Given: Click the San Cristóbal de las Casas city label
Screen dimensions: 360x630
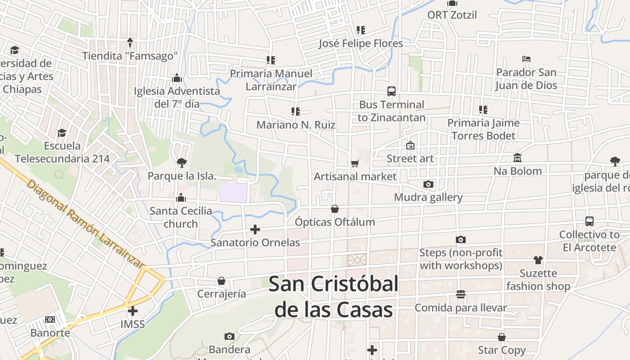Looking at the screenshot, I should pyautogui.click(x=333, y=297).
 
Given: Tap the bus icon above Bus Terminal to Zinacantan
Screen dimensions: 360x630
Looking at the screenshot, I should pyautogui.click(x=391, y=91).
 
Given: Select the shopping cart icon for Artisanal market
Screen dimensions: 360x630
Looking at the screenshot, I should pyautogui.click(x=355, y=163).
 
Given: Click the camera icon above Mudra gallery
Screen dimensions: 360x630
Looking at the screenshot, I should pyautogui.click(x=428, y=184).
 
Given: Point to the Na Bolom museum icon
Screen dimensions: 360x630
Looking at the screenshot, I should pyautogui.click(x=517, y=158).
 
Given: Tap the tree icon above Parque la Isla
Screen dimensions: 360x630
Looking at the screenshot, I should pyautogui.click(x=181, y=162).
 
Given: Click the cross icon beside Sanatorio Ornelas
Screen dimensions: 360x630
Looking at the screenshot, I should pyautogui.click(x=255, y=229).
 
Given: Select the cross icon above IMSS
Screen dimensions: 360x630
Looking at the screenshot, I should pyautogui.click(x=133, y=311).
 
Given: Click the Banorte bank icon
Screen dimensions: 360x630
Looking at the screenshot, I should pyautogui.click(x=50, y=319).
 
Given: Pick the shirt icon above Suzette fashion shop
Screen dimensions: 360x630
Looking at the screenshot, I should pyautogui.click(x=538, y=260).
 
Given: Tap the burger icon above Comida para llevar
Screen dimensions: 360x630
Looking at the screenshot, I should pyautogui.click(x=460, y=294).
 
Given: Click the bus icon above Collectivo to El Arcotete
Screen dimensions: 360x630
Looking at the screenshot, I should pyautogui.click(x=589, y=221).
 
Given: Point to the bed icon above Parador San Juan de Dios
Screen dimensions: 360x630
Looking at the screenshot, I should pyautogui.click(x=526, y=59).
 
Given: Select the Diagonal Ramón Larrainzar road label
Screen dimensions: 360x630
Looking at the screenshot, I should pyautogui.click(x=85, y=224).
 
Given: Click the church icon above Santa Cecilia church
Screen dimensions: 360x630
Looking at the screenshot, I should pyautogui.click(x=181, y=198).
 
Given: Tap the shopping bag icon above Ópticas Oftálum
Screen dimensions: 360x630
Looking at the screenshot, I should pyautogui.click(x=335, y=209).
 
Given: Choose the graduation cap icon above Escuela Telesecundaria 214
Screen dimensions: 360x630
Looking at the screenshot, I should pyautogui.click(x=62, y=133).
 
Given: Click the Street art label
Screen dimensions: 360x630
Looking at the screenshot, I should pyautogui.click(x=410, y=158).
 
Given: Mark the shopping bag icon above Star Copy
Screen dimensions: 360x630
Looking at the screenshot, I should pyautogui.click(x=502, y=337).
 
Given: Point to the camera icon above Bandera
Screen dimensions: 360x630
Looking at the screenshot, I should pyautogui.click(x=229, y=336).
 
